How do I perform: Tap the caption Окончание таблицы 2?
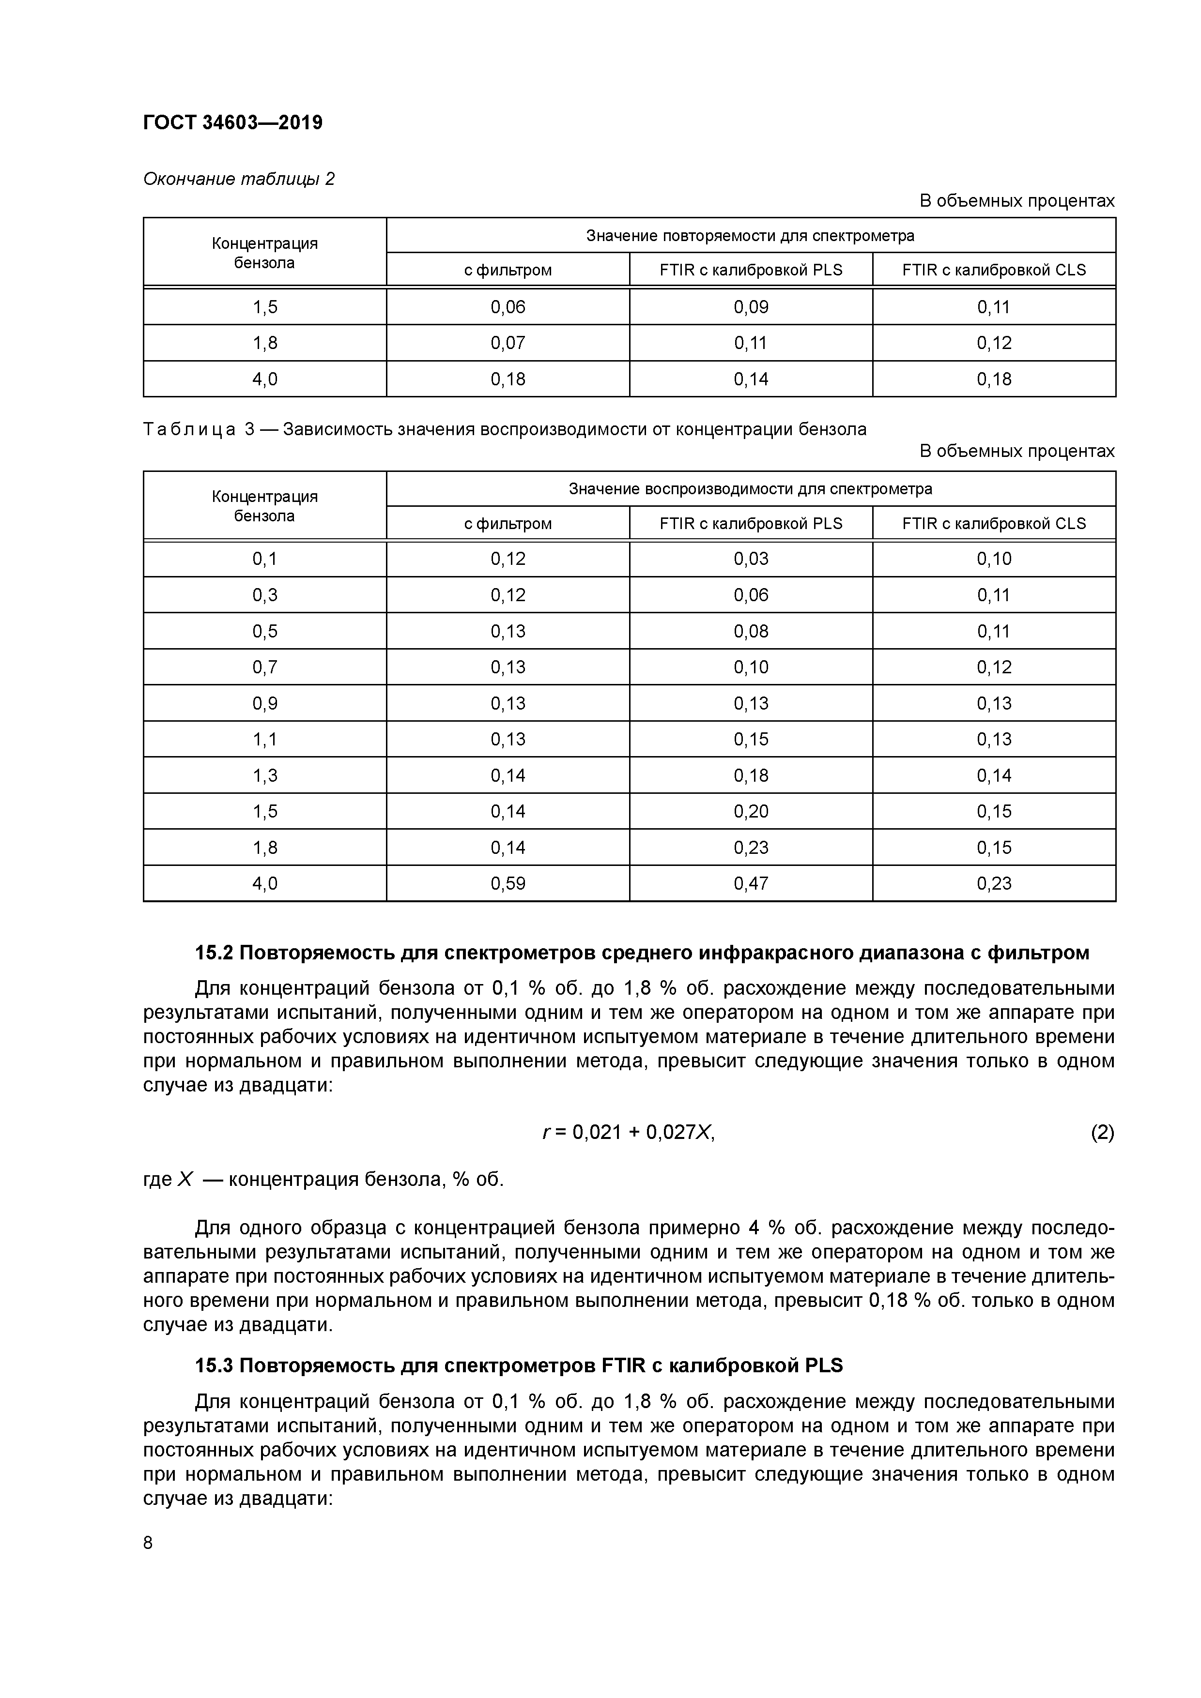click(x=238, y=179)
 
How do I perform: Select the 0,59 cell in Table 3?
click(x=508, y=883)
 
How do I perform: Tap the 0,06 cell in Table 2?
click(x=508, y=307)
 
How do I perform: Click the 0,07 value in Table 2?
click(x=508, y=343)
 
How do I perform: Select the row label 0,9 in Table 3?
click(x=265, y=703)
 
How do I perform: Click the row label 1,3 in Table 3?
click(x=265, y=775)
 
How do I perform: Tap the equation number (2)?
click(x=1102, y=1132)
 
